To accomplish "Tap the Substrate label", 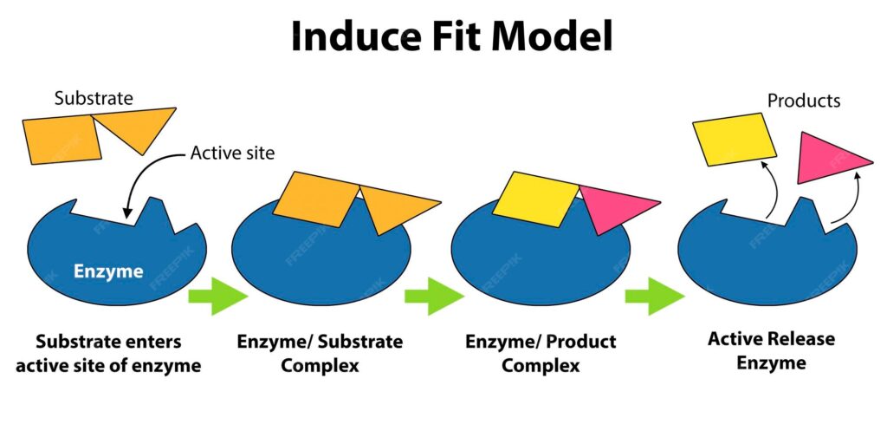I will (94, 98).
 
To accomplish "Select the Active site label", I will (232, 153).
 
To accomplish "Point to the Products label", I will (803, 101).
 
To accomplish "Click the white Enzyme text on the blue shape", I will (108, 271).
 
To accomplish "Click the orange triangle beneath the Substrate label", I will (133, 127).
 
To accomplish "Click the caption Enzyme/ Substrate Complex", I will (320, 353).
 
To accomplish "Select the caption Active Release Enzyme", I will (771, 350).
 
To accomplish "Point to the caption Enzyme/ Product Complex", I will (541, 353).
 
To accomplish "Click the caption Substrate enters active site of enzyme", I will (107, 353).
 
